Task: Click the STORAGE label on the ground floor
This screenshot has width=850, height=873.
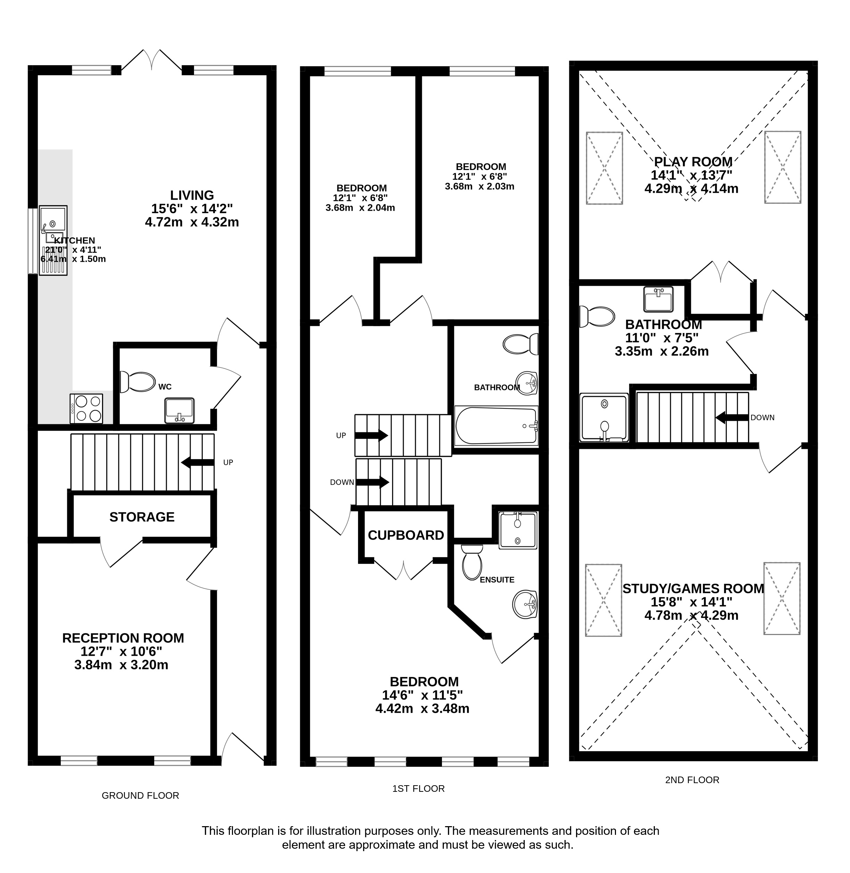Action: (142, 517)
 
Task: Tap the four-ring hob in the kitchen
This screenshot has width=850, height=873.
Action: (86, 409)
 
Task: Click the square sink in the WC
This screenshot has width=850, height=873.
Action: (180, 411)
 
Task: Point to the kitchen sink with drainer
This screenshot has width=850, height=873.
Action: (53, 240)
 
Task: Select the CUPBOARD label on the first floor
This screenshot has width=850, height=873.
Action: (406, 535)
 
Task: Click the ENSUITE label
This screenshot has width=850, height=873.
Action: (497, 580)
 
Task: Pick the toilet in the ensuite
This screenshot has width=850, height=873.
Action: (472, 562)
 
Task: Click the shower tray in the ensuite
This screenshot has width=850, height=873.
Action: (518, 530)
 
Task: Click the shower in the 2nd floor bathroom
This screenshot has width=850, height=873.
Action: (604, 417)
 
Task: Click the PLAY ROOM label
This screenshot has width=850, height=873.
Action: (693, 161)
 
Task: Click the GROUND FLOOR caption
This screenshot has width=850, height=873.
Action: (140, 795)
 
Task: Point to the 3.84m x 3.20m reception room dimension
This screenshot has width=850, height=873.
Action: (122, 665)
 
